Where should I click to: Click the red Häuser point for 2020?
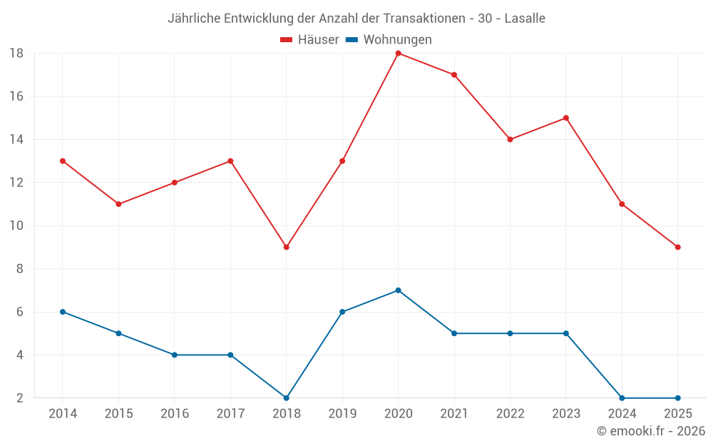pos(398,54)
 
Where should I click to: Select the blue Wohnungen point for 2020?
pos(398,290)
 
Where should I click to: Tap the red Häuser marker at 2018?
pos(286,247)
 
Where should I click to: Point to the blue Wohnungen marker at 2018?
pos(286,398)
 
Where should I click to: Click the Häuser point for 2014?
pos(63,161)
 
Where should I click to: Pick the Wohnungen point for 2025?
pos(677,398)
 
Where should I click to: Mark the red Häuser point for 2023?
pos(565,118)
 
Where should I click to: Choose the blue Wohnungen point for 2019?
pos(342,312)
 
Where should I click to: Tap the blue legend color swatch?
pos(352,40)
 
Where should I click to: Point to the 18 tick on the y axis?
pos(16,54)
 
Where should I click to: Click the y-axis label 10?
pos(16,225)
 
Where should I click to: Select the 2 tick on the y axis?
pos(20,398)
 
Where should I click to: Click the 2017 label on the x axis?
pos(230,414)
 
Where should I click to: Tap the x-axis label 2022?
pos(510,414)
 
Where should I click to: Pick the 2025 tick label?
pos(677,414)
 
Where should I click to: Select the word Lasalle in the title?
pos(525,19)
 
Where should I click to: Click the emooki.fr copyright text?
pos(651,431)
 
